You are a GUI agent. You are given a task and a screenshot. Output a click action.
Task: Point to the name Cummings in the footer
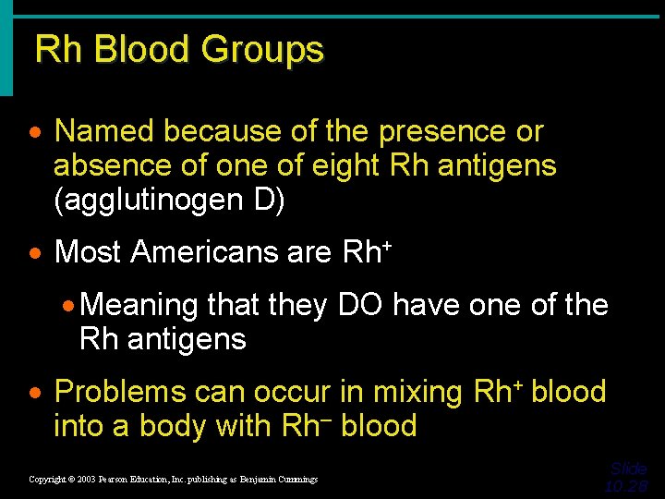click(294, 480)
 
